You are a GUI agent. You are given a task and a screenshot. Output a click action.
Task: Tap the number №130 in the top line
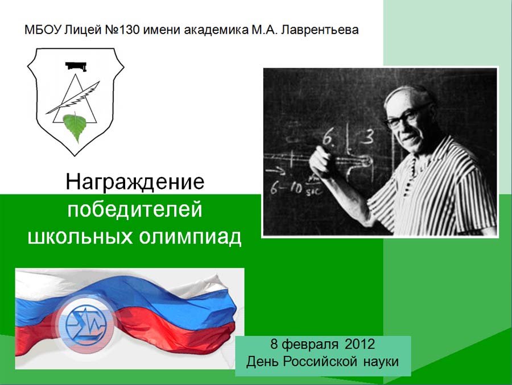[x=122, y=30]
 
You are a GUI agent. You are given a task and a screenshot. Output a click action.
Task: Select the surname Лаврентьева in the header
[x=320, y=30]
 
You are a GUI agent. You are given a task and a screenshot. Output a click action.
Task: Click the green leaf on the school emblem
[x=76, y=127]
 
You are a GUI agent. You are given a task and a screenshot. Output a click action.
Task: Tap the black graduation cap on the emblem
[x=76, y=66]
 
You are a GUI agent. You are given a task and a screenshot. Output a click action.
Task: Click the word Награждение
[x=135, y=181]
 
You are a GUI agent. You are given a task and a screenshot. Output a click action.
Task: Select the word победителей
[x=135, y=209]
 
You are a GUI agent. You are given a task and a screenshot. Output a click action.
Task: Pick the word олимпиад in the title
[x=190, y=237]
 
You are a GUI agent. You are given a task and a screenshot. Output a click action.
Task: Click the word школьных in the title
[x=80, y=237]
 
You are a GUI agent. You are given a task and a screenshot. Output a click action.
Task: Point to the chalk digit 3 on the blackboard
[x=368, y=137]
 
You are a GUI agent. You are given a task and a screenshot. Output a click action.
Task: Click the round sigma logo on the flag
[x=85, y=324]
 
